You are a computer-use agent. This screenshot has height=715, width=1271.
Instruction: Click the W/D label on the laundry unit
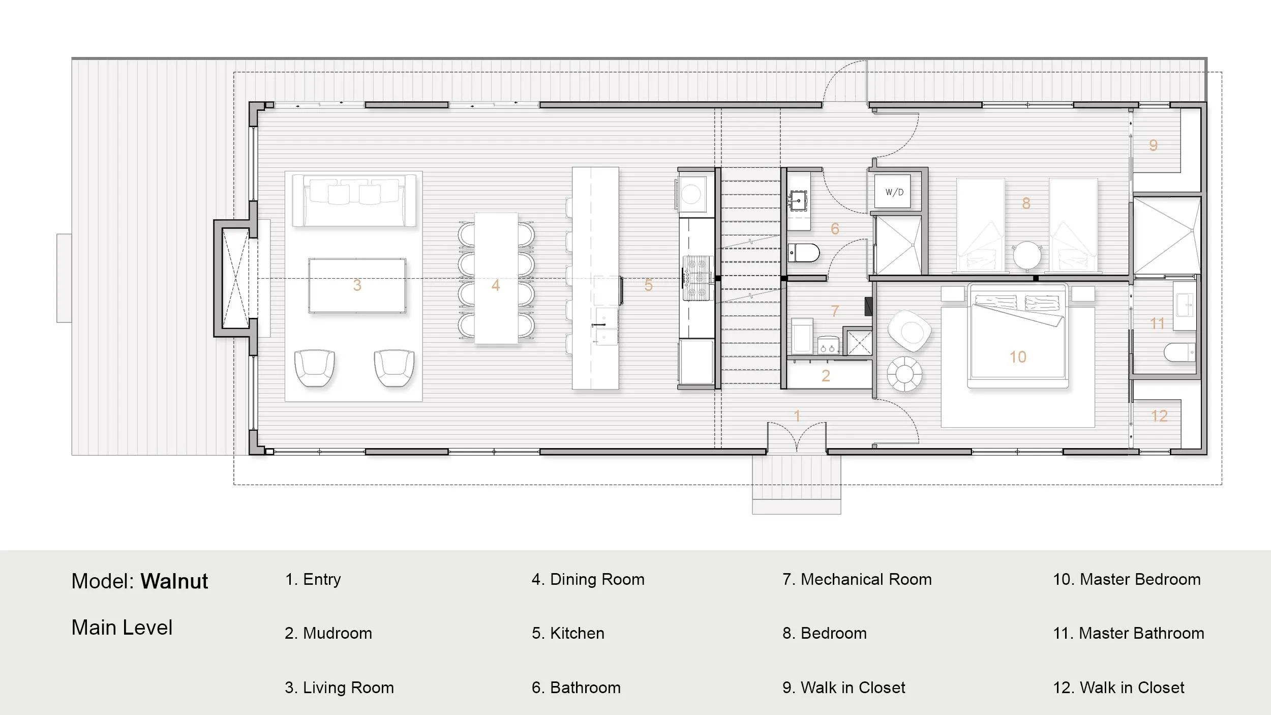click(894, 192)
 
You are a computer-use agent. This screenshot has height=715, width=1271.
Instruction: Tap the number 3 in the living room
click(357, 285)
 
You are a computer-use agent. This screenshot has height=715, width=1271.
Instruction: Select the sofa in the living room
click(354, 200)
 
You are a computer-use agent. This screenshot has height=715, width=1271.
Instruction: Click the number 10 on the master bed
click(1018, 357)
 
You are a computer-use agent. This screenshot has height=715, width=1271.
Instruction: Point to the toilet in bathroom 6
click(804, 253)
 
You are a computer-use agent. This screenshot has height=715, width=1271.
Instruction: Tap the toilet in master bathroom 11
click(1179, 352)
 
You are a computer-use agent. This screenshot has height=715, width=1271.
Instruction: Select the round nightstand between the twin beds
click(1027, 256)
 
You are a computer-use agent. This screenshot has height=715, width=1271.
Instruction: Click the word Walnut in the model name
click(174, 581)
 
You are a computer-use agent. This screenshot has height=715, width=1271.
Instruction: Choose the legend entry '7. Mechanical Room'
click(857, 579)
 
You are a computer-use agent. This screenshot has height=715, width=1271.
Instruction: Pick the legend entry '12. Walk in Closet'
click(1119, 688)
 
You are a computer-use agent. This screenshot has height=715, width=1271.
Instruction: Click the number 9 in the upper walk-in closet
click(1154, 145)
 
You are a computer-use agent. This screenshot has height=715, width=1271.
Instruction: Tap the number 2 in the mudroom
click(826, 376)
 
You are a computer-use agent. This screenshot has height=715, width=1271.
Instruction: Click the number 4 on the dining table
click(496, 285)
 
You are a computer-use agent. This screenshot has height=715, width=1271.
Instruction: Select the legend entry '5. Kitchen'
click(568, 633)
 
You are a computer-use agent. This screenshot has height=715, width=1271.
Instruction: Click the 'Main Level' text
click(122, 628)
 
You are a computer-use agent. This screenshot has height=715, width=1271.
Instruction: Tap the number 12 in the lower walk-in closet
click(1159, 416)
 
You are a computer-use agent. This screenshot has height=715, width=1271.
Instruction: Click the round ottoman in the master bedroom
click(904, 374)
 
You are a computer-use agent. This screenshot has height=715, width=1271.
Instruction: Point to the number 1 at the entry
click(797, 416)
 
